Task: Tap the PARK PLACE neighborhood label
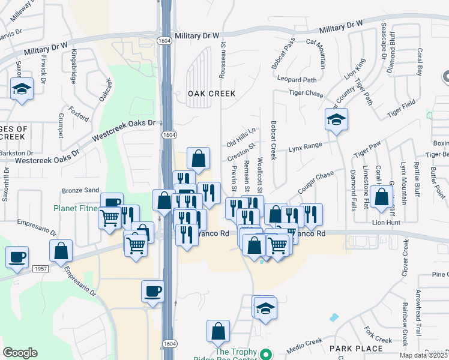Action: click(x=356, y=348)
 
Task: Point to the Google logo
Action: click(x=20, y=352)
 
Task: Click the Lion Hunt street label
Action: click(x=387, y=222)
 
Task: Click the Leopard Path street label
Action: click(x=297, y=79)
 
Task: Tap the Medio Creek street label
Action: click(x=306, y=343)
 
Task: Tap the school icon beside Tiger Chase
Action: click(x=337, y=119)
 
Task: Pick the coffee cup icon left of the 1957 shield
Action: click(x=17, y=257)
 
